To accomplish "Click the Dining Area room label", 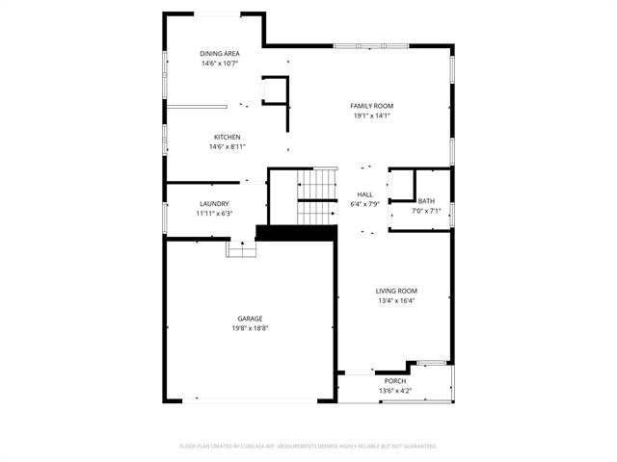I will pos(219,53).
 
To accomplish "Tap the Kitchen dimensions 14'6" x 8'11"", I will pos(228,147).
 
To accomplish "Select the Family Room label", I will pos(371,106).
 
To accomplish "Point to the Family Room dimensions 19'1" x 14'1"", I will pos(371,116).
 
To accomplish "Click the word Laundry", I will pos(214,203).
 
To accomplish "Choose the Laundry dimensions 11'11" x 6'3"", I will pos(214,213).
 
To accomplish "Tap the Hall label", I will pos(364,194).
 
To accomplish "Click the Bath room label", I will pos(426,201).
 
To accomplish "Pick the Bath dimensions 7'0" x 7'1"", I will pos(426,211).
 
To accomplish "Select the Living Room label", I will pos(396,290).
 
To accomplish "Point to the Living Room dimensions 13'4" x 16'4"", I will pos(396,300).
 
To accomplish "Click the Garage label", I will pos(250,319).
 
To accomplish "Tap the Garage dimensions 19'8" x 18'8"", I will pos(250,328).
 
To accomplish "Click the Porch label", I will pos(395,381).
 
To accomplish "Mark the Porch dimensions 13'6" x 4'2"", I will pos(395,391).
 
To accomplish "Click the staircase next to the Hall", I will pos(316,197).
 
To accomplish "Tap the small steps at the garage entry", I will pos(241,249).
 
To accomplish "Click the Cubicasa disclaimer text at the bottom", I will pos(308,447).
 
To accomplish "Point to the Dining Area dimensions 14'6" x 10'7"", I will pos(219,64).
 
